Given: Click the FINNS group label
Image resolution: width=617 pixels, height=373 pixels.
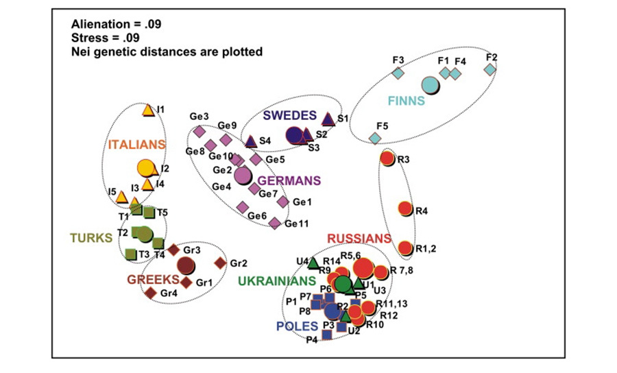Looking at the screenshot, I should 407,101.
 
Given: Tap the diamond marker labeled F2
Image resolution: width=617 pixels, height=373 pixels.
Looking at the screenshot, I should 489,69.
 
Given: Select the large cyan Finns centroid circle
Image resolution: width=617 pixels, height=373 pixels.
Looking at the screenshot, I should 430,86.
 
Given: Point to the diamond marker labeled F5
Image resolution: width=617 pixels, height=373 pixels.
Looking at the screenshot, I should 375,138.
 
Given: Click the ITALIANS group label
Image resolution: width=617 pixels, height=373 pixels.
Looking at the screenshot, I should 137,145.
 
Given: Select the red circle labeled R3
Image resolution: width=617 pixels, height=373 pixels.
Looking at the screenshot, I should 387,158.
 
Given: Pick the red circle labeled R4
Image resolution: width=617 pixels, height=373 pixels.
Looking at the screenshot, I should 404,208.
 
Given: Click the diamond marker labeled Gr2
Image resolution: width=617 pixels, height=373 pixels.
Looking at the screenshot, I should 220,263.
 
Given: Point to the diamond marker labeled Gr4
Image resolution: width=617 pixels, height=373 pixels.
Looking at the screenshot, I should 151,293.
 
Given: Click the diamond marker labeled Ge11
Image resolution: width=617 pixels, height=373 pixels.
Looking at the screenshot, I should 274,223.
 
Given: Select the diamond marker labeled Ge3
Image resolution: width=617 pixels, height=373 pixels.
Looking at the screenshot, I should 199,130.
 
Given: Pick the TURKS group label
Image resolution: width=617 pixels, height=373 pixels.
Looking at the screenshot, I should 90,238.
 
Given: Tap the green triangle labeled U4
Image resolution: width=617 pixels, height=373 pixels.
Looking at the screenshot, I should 313,263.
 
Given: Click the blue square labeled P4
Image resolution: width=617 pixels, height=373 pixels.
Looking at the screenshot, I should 326,334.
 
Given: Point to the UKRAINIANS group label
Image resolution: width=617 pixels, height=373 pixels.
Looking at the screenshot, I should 277,280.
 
